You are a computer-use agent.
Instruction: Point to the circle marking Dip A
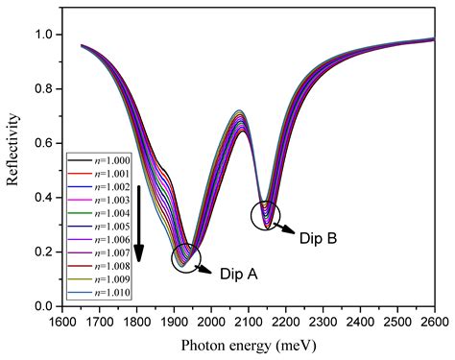coord(186,256)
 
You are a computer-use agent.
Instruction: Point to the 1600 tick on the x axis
coord(60,320)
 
